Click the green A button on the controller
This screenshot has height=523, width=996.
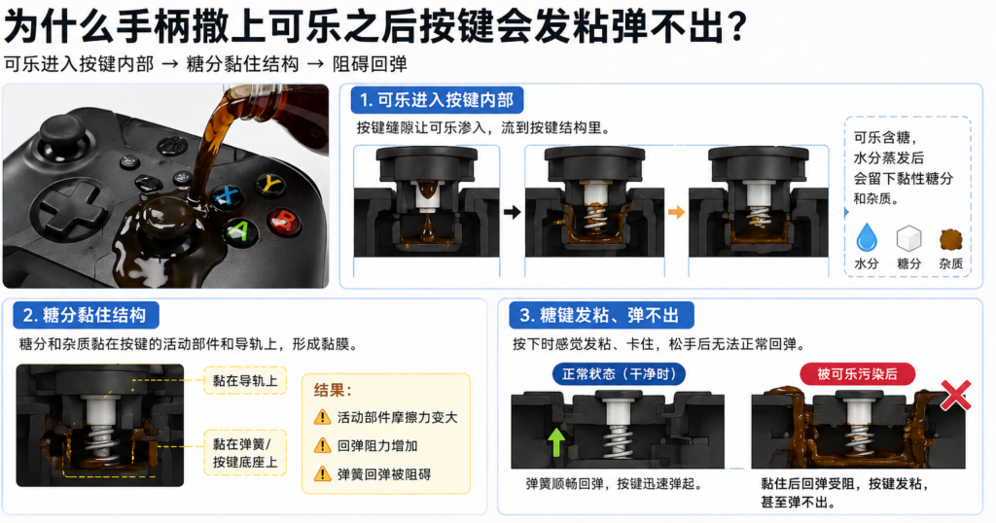(237, 231)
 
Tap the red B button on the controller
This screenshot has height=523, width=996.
(284, 220)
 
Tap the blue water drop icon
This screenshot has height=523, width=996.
(866, 238)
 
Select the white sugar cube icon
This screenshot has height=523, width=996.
(908, 238)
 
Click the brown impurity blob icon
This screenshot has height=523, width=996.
(950, 238)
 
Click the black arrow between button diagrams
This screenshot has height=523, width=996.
(512, 210)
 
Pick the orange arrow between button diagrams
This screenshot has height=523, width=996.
(676, 210)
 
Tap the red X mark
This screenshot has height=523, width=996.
(955, 395)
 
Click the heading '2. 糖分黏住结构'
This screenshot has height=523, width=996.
(85, 315)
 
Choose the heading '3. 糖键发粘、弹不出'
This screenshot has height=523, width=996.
(601, 315)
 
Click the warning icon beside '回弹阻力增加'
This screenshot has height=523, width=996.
(322, 445)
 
